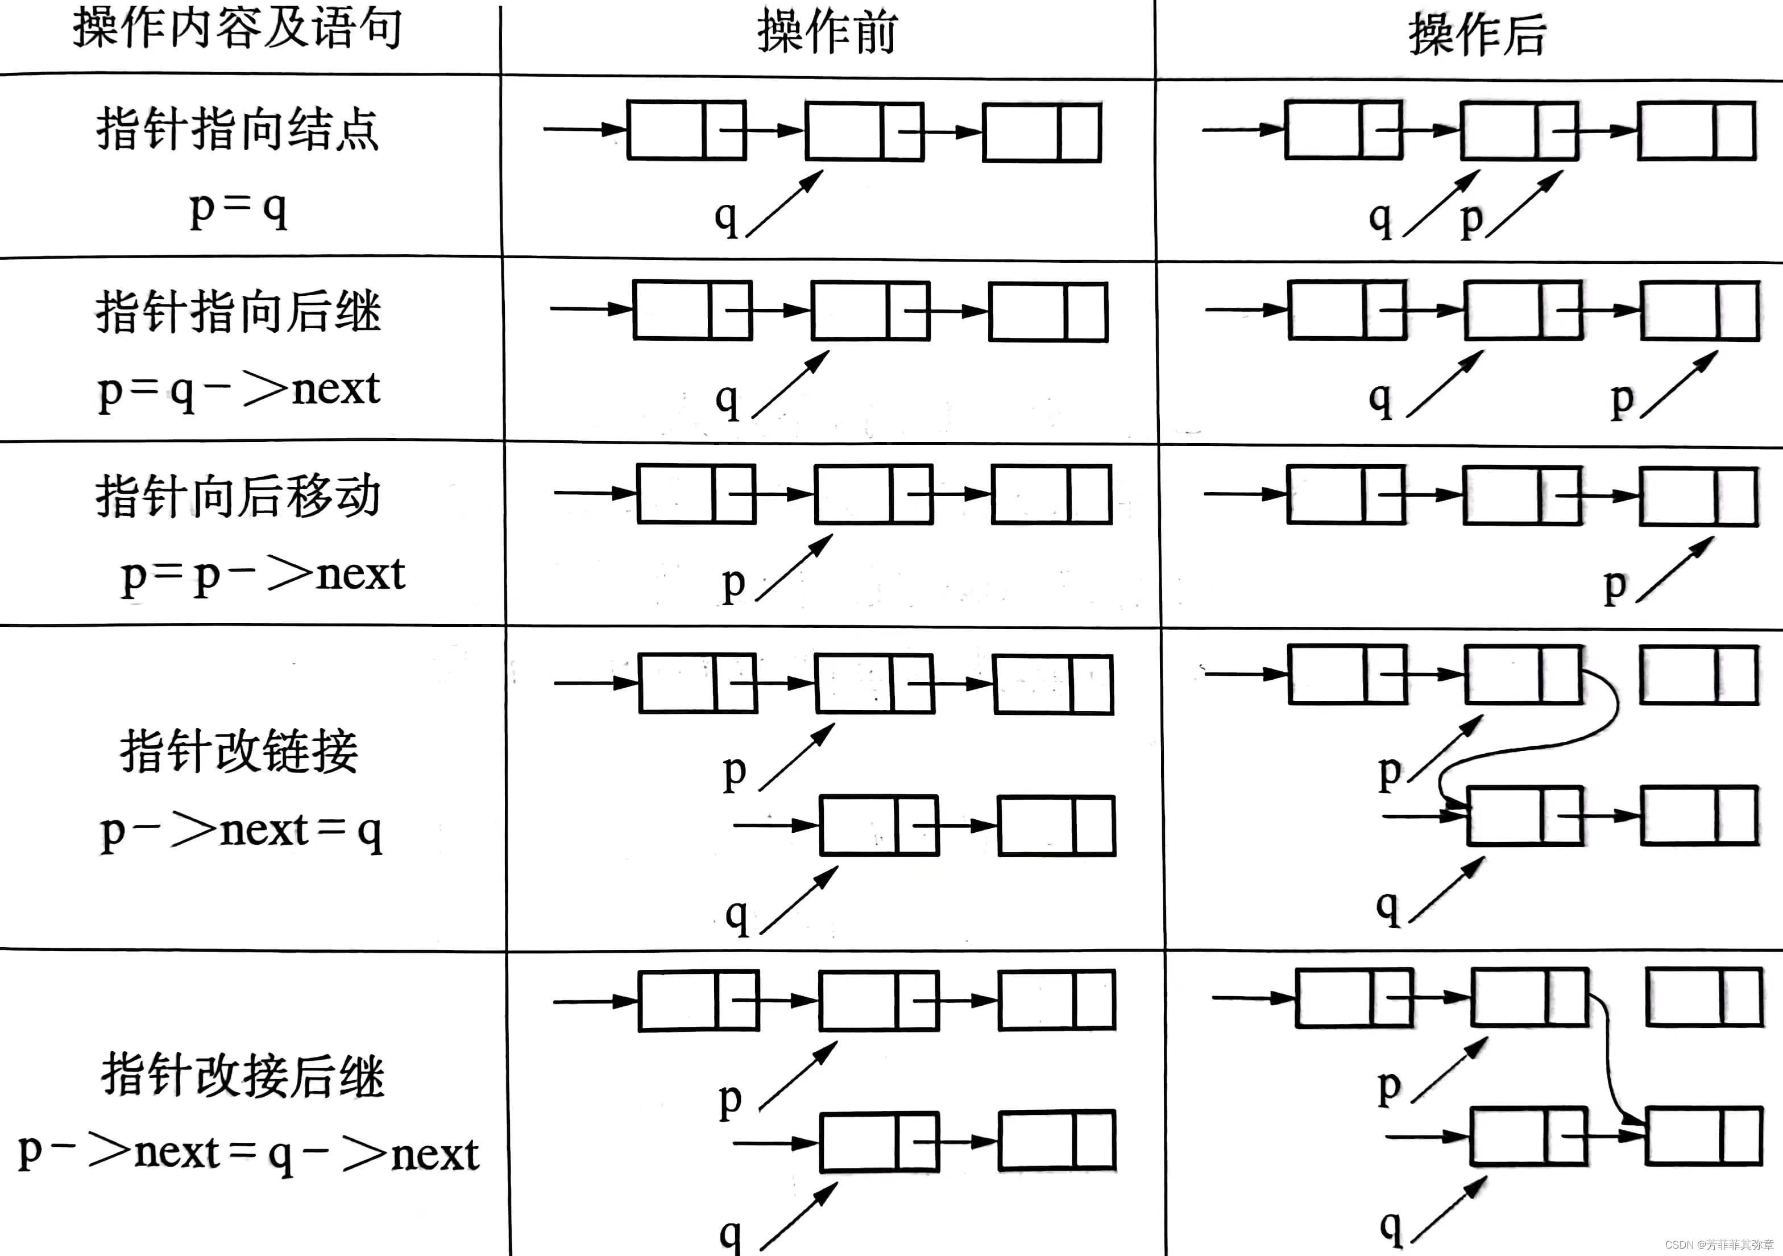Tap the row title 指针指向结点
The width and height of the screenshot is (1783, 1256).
click(238, 129)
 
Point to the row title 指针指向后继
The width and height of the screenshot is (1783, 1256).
click(238, 312)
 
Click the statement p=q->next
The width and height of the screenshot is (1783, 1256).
click(238, 389)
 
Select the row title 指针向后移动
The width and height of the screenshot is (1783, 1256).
click(238, 495)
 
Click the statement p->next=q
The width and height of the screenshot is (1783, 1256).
click(241, 831)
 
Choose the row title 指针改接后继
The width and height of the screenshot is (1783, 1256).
click(242, 1077)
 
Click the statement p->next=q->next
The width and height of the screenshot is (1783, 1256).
click(248, 1154)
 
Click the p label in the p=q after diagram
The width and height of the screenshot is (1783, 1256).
click(1471, 220)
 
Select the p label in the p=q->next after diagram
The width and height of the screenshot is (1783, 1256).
click(1622, 400)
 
